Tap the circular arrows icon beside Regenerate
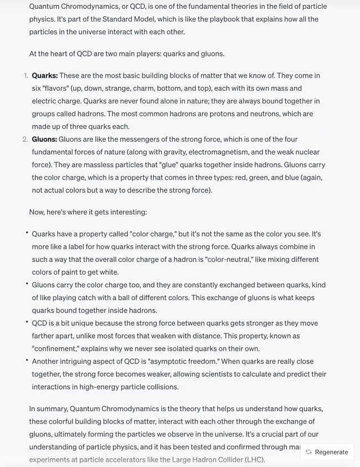(x=308, y=452)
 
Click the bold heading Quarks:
(x=44, y=75)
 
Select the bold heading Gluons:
(x=44, y=139)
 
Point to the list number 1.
(x=25, y=75)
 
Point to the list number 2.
(x=25, y=139)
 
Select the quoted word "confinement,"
(x=58, y=348)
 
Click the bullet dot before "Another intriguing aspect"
(x=26, y=360)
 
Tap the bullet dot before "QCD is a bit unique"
(x=26, y=322)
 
